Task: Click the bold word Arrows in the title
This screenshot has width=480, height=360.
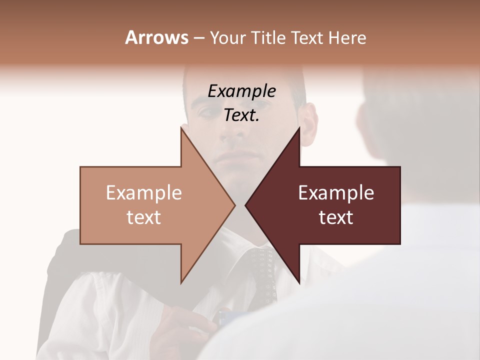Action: coord(156,37)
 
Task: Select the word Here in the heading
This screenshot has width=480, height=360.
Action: coord(347,37)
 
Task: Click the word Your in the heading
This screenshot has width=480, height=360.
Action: coord(228,37)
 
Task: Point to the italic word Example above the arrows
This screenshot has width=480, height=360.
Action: coord(241,91)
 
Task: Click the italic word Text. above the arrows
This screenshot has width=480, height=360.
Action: coord(241,115)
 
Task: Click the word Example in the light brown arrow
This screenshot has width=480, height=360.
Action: coord(144,193)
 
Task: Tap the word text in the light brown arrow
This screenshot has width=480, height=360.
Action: coord(144,217)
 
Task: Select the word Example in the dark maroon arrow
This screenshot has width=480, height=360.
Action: coord(336,193)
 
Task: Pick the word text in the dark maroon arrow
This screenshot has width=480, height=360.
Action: coord(336,217)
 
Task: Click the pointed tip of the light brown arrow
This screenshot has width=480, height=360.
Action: coord(234,205)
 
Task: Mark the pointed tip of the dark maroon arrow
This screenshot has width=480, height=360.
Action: coord(246,205)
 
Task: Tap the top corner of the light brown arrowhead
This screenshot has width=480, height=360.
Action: coord(181,128)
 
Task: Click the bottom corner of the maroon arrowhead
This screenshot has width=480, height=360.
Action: coord(299,282)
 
